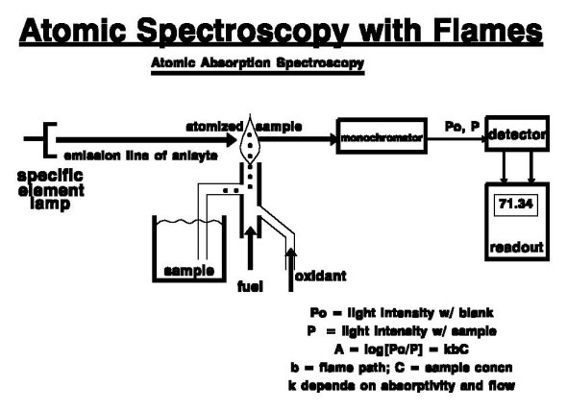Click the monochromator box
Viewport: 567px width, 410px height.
(x=382, y=139)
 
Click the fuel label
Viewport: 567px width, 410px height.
(x=250, y=284)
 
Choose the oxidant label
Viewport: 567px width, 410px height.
(x=319, y=277)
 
